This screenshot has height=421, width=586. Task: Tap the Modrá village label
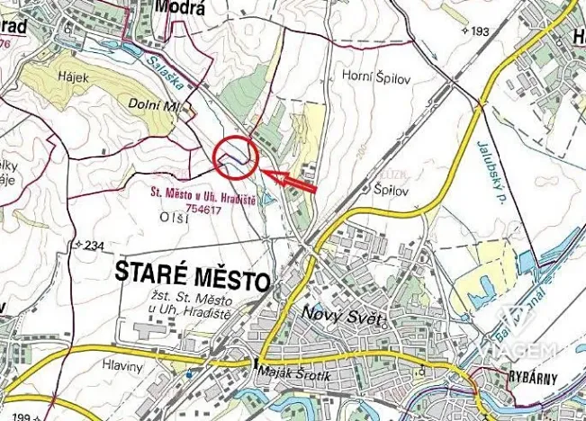pyautogui.click(x=175, y=7)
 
